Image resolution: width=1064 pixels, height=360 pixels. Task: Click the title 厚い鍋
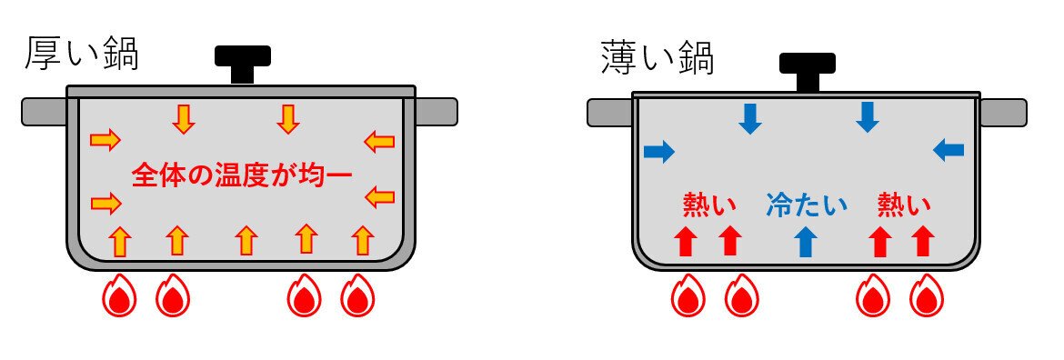pos(82,55)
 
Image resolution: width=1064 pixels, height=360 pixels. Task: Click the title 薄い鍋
pos(657,60)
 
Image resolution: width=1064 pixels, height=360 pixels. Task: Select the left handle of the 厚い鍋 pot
pos(45,111)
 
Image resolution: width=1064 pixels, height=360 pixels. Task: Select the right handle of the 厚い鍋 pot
pos(436,111)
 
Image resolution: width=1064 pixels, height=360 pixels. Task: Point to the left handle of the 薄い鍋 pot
pos(610,113)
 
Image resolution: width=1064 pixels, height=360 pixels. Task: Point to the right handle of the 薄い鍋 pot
pos(1003,113)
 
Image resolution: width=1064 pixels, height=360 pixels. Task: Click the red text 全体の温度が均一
pos(241,174)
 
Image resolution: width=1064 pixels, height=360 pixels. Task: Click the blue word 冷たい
pos(806,205)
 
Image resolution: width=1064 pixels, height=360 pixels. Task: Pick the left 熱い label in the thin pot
pos(709,205)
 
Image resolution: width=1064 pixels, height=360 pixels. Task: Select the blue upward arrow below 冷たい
pos(806,242)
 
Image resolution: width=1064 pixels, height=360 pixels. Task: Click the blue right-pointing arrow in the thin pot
pos(659,152)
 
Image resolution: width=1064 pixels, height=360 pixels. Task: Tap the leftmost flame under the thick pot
pos(117,296)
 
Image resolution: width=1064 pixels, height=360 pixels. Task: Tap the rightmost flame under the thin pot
pos(926,296)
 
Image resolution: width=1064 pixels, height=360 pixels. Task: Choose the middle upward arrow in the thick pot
pos(246,240)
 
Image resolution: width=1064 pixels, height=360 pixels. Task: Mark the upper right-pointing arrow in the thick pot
pos(105,139)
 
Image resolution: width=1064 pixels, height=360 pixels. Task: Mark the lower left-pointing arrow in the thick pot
pos(378,196)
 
